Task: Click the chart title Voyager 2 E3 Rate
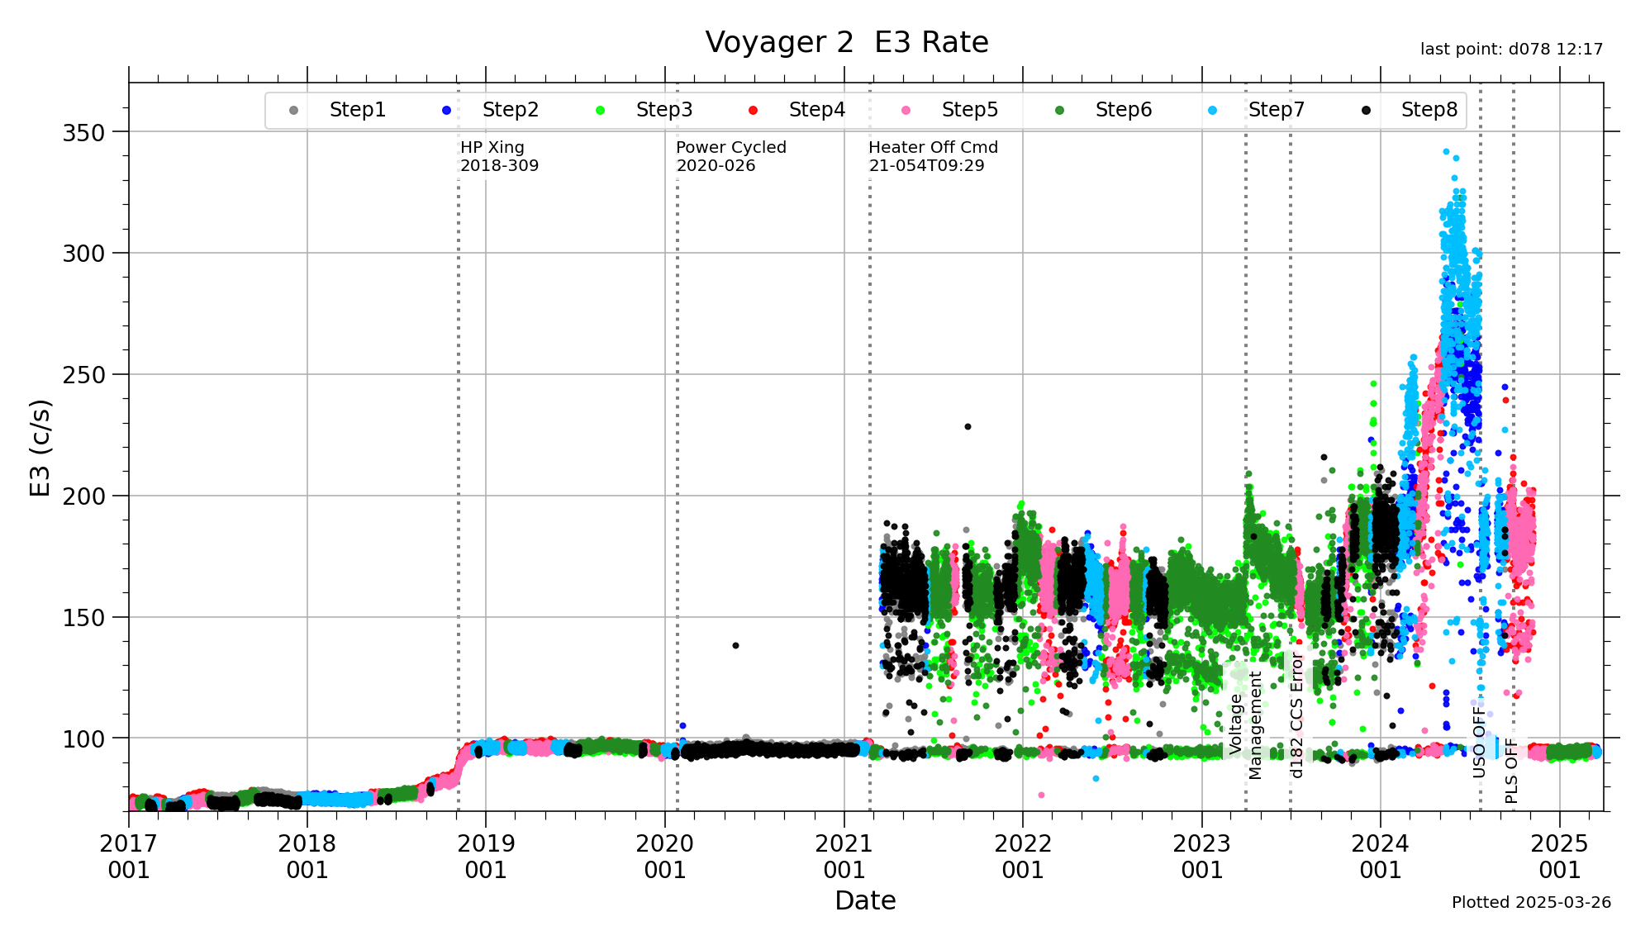click(x=846, y=42)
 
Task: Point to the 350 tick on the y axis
click(x=83, y=132)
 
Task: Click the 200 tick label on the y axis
click(x=83, y=496)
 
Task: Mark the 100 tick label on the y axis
click(x=83, y=739)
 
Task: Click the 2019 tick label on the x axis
click(x=486, y=857)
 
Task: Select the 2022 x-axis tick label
click(x=1023, y=857)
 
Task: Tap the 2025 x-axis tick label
click(x=1559, y=857)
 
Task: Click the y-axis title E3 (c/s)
click(x=40, y=447)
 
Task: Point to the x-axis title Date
click(x=865, y=900)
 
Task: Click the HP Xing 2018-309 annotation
click(x=499, y=156)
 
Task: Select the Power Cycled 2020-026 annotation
click(x=730, y=156)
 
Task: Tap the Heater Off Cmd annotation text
click(x=933, y=156)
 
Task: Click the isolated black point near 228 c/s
click(x=968, y=427)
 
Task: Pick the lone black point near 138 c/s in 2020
click(x=735, y=645)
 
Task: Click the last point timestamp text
click(x=1511, y=50)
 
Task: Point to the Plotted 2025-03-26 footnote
click(x=1531, y=902)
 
